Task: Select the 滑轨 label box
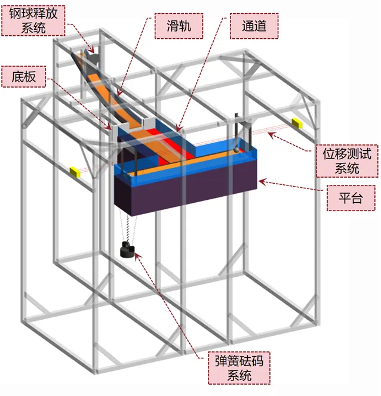(177, 24)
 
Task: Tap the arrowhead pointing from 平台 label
(262, 180)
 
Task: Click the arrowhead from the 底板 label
(109, 128)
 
